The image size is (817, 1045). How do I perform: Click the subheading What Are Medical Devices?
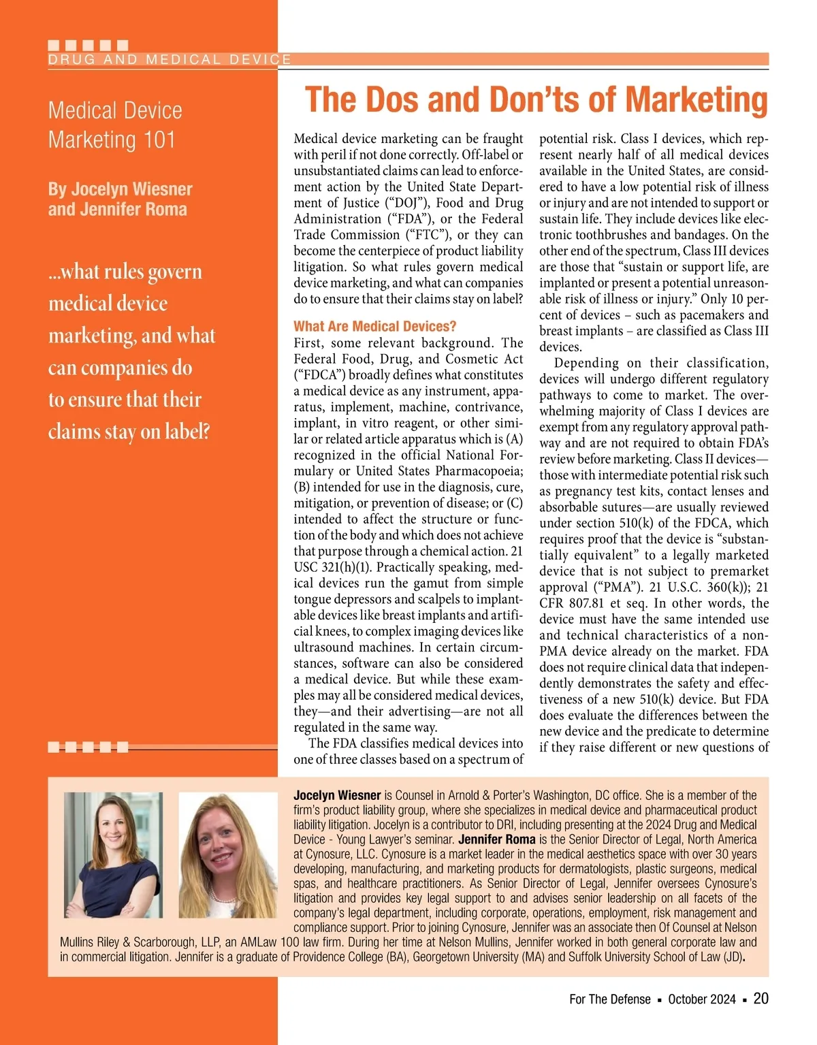(x=375, y=326)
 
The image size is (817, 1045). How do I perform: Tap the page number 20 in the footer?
(x=760, y=998)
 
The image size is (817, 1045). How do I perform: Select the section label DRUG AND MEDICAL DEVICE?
(x=170, y=59)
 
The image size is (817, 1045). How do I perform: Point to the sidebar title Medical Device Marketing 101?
(x=115, y=125)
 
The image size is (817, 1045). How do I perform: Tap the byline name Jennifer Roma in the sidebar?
(x=134, y=209)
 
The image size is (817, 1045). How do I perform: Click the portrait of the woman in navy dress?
(x=113, y=854)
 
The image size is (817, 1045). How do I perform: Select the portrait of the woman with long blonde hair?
(x=227, y=856)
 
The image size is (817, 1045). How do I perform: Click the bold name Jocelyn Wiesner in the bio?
(x=337, y=795)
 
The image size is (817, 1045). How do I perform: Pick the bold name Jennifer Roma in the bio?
(x=497, y=839)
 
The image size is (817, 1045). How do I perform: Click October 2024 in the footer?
(x=702, y=999)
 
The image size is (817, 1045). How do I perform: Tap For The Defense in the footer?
(x=610, y=999)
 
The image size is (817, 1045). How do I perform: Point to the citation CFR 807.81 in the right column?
(x=577, y=603)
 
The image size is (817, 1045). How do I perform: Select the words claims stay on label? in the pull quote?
(x=129, y=432)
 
